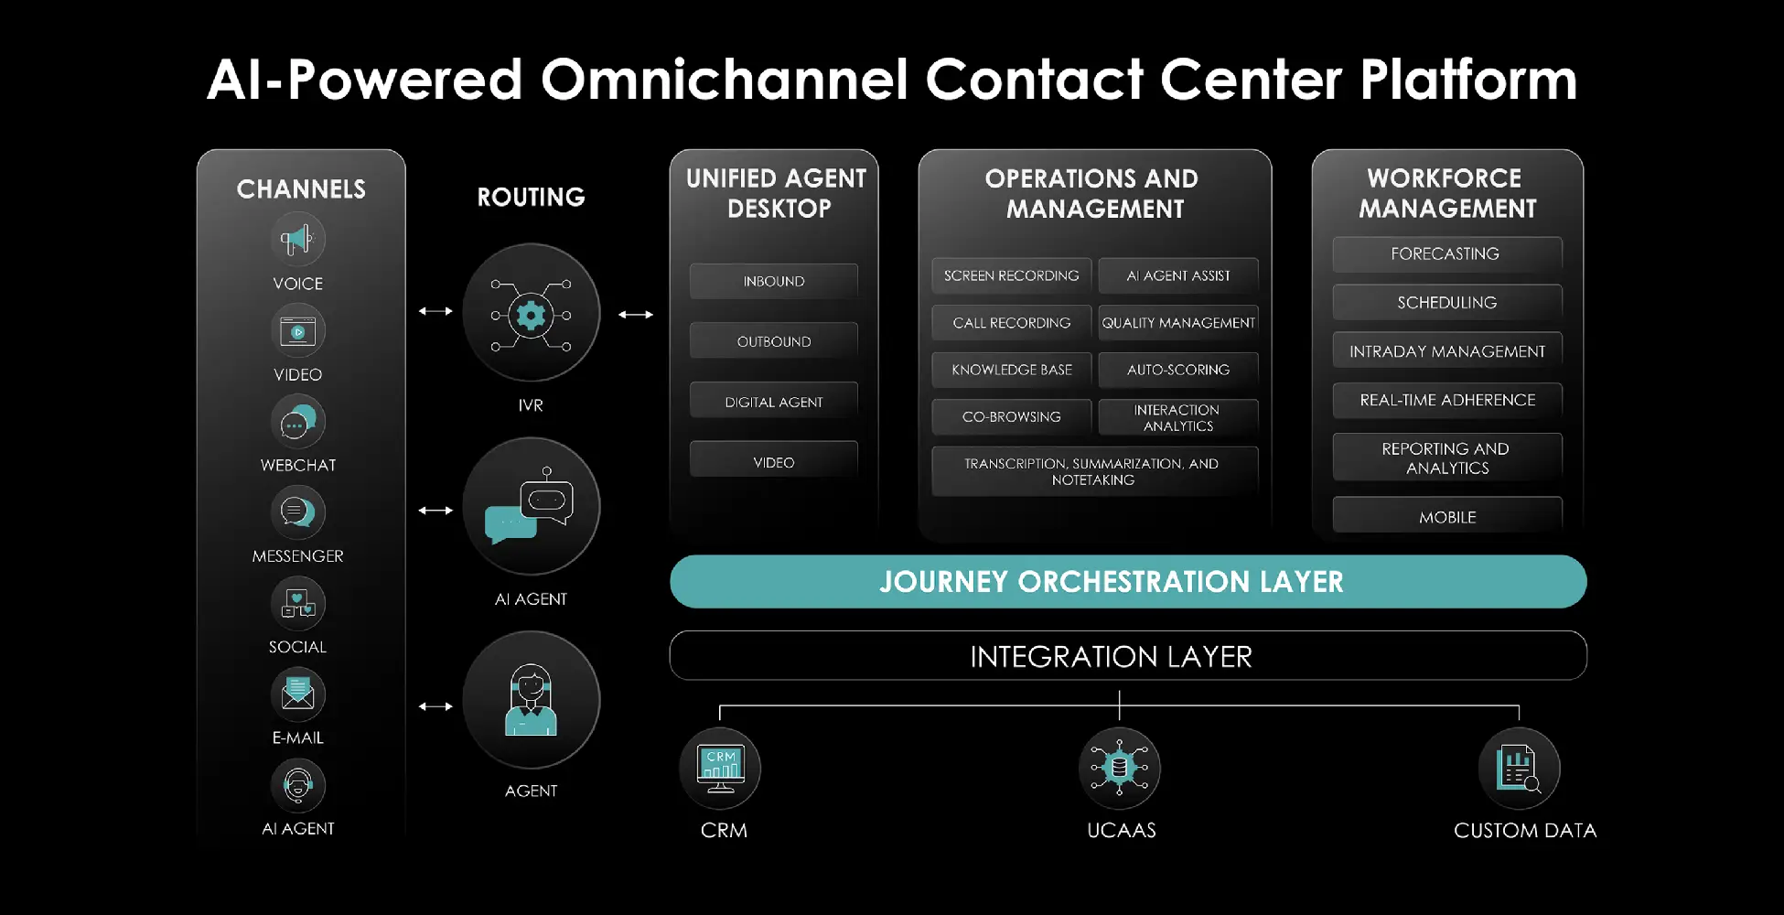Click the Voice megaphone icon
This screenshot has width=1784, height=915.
click(297, 240)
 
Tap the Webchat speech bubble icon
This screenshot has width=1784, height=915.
click(297, 422)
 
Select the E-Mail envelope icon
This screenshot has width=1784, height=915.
click(297, 694)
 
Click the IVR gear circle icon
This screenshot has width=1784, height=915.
click(531, 314)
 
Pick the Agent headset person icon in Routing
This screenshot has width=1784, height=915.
click(531, 700)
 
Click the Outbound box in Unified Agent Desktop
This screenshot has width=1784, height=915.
click(774, 341)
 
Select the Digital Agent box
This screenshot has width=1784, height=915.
click(774, 402)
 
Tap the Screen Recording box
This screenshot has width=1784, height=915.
click(1011, 275)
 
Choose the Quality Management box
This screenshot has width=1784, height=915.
click(1178, 323)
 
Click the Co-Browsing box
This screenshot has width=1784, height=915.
click(1011, 417)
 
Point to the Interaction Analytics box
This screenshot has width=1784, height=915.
click(1178, 417)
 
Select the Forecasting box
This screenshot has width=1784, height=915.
click(1446, 254)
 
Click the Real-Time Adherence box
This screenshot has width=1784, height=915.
click(1446, 400)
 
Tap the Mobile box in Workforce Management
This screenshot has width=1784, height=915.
click(1446, 517)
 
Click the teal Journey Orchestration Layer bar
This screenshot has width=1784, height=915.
click(1127, 582)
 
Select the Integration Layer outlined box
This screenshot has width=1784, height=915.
click(1127, 656)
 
